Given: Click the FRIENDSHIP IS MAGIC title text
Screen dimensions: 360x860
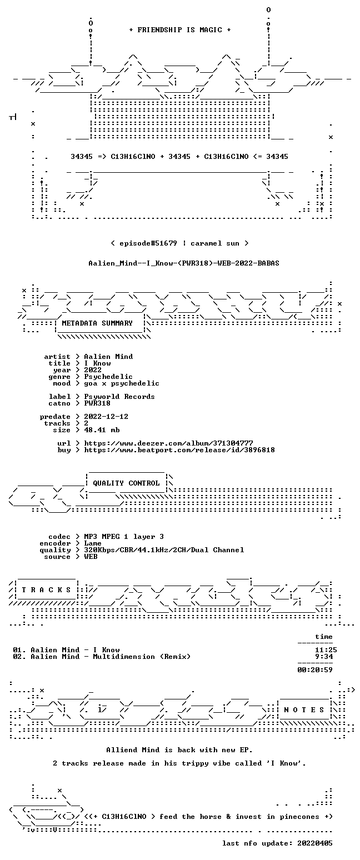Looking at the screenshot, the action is [180, 30].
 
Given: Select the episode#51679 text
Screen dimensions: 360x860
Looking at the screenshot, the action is [148, 243].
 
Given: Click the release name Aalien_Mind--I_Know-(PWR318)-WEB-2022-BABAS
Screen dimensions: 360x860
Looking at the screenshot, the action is [184, 263].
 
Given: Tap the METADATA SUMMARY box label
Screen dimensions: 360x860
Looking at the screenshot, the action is [97, 323].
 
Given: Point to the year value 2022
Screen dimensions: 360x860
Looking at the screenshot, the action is [93, 370].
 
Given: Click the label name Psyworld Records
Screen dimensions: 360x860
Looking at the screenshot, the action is [119, 397].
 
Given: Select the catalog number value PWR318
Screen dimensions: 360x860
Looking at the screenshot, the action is [97, 403].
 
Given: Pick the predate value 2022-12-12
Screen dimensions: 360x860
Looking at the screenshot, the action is [106, 417].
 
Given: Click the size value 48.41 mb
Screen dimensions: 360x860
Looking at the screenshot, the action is [102, 430].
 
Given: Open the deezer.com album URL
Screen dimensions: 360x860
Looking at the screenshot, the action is [168, 443].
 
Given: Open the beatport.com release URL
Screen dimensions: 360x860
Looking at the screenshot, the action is [179, 450].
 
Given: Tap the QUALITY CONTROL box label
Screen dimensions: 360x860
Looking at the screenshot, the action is [126, 483].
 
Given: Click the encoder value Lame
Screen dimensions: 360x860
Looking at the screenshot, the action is [93, 543].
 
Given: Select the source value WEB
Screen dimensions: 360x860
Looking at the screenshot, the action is [91, 557].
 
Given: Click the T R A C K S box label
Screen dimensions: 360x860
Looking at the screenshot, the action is [47, 590].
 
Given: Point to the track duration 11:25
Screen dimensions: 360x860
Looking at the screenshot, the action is [326, 650].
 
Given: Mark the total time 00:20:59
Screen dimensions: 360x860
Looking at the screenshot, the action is [314, 670].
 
